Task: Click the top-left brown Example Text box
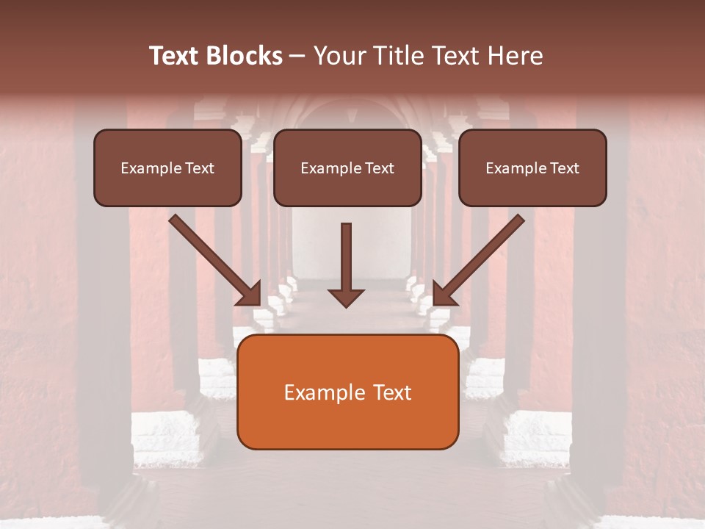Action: coord(167,168)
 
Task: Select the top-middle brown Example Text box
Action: coord(347,168)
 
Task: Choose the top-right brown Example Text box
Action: coord(532,168)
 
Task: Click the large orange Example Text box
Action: coord(347,392)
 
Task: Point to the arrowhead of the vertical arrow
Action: coord(346,297)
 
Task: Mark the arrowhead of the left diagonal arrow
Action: coord(251,295)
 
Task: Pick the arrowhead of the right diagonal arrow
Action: coord(443,295)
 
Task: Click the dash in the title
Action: coord(297,56)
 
